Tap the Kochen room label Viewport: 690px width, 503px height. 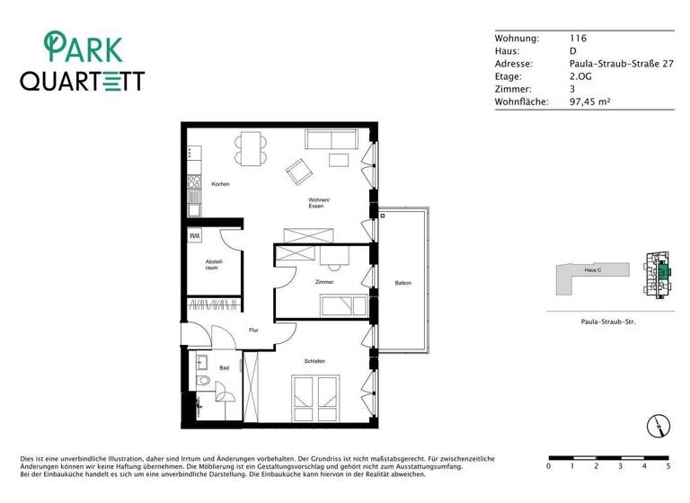221,184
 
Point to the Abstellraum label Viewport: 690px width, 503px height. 212,265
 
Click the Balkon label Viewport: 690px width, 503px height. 402,284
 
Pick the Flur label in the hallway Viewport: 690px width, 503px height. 254,331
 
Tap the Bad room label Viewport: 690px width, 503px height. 224,367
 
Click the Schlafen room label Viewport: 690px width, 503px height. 314,361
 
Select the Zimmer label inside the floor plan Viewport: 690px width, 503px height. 324,282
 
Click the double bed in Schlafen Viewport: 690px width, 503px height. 314,397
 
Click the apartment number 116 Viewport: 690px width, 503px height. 578,39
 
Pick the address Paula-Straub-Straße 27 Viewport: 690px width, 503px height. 621,65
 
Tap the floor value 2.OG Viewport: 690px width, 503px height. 581,77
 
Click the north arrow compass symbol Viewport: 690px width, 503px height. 658,426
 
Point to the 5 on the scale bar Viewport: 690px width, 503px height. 668,467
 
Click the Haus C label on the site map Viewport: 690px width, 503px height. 591,269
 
